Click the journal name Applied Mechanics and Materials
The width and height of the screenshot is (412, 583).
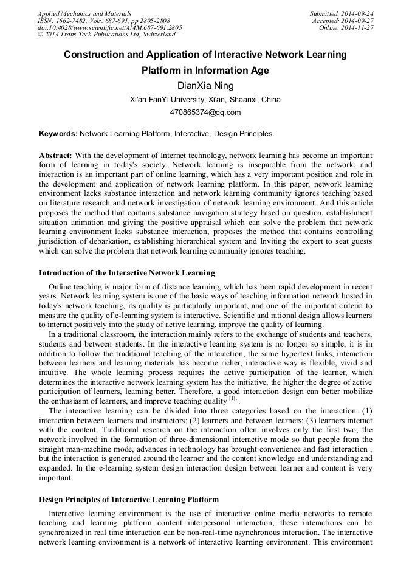click(84, 13)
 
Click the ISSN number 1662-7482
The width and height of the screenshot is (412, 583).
click(72, 21)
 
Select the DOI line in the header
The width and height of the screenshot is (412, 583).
click(109, 28)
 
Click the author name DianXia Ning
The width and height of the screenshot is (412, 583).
click(205, 86)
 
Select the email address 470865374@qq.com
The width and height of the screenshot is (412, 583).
click(205, 112)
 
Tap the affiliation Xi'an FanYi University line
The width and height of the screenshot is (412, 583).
click(205, 100)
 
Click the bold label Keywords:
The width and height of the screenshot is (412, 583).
click(58, 133)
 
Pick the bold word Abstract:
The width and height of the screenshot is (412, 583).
click(55, 156)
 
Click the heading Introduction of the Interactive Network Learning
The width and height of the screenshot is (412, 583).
click(126, 272)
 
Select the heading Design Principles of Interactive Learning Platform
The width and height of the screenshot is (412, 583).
click(129, 500)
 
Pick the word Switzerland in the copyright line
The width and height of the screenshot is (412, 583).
click(157, 35)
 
